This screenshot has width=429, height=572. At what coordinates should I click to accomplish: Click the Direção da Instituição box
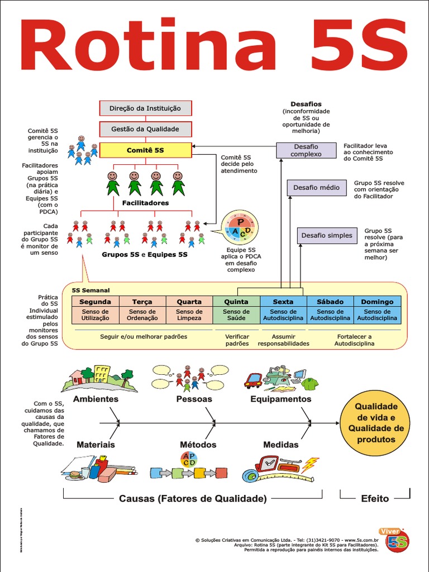pos(145,108)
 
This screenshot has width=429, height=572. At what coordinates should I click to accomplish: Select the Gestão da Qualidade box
pos(145,129)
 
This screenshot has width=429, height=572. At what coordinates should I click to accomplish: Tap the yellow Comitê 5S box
pos(145,150)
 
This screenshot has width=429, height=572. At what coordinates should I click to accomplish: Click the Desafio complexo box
pos(306,150)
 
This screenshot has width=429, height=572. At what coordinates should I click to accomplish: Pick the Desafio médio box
pos(316,188)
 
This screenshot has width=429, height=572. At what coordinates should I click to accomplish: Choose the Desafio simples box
pos(327,236)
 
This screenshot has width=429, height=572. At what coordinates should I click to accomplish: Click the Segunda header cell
pos(95,302)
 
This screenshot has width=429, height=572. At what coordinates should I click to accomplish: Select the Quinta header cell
pos(236,302)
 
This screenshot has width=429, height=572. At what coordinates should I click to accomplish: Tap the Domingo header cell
pos(377,302)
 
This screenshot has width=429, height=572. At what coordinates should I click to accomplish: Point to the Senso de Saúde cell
pos(236,315)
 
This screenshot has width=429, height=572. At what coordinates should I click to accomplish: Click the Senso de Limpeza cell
pos(189,315)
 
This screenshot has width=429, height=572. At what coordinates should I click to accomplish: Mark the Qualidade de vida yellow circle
pos(375,423)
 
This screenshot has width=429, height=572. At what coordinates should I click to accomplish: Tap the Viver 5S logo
pos(397,540)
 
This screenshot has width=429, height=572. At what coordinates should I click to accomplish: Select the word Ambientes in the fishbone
pos(96,399)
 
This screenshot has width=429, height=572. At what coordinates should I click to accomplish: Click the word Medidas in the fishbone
pos(280,445)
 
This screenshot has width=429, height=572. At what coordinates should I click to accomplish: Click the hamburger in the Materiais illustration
pos(74,475)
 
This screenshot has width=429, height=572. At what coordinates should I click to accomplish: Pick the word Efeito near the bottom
pos(375,498)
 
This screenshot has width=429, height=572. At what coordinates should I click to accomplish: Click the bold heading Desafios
pos(306,104)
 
